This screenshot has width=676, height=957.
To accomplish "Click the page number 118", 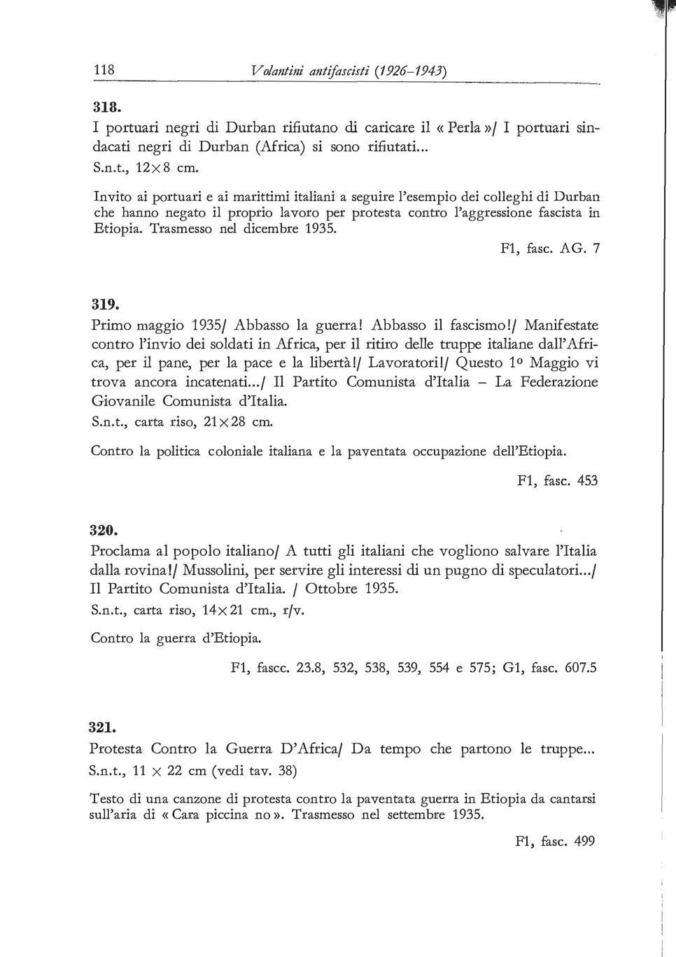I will [x=104, y=70].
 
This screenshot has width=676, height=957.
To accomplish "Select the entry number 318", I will [x=107, y=108].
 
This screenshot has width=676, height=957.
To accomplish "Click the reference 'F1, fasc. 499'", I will [x=554, y=841].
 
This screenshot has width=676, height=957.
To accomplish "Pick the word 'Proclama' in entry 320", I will [x=121, y=552].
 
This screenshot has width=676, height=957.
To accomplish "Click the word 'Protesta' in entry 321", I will [x=116, y=748].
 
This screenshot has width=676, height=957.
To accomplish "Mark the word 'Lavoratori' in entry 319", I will [x=400, y=363].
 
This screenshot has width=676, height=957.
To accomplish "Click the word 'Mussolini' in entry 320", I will [x=214, y=570].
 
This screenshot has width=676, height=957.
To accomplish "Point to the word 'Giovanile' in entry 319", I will [x=124, y=401].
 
